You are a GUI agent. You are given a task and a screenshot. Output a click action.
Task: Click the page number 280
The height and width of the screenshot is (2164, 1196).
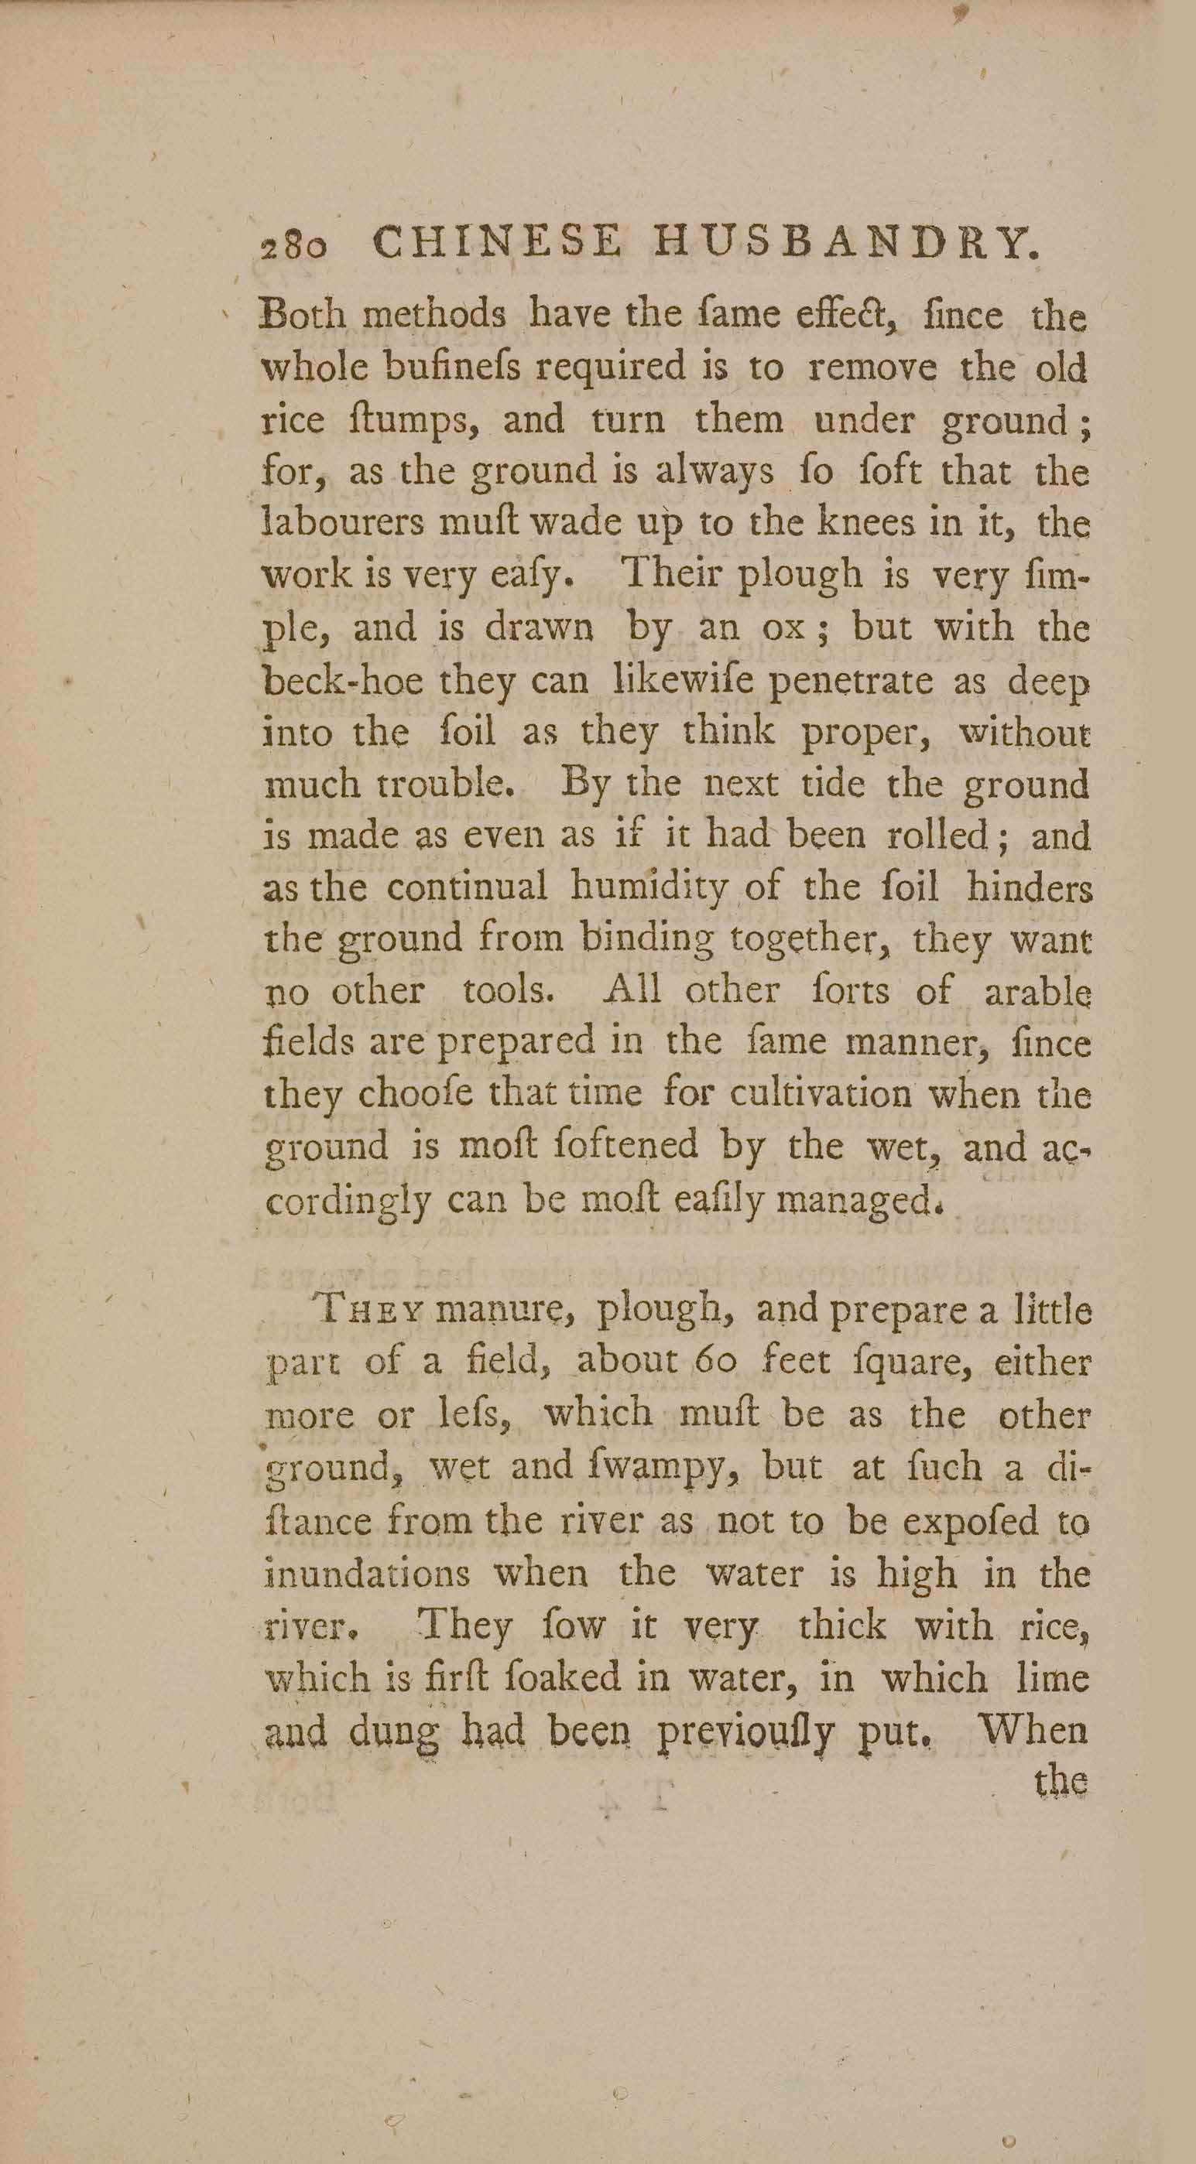pos(293,246)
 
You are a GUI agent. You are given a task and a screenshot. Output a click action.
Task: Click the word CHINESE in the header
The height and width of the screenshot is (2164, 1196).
pos(497,243)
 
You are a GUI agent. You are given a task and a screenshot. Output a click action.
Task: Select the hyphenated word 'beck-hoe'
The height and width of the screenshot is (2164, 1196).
pos(343,679)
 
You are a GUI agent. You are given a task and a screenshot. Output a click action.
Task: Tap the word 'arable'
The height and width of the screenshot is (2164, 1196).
pos(1038,992)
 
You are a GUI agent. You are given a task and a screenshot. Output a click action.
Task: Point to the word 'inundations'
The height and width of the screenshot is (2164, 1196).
pos(367,1573)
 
